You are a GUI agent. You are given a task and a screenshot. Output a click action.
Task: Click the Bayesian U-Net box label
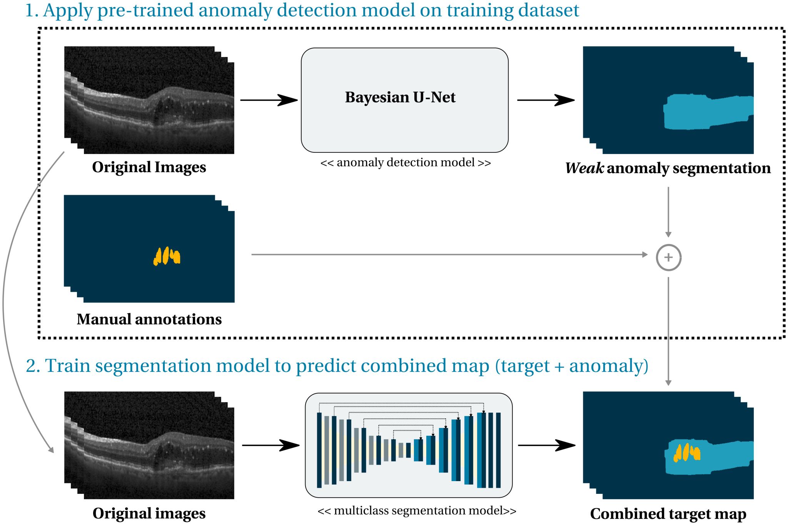click(400, 97)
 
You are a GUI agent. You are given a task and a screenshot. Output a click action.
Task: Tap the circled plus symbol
click(668, 257)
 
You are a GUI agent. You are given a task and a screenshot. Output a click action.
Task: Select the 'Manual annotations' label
click(149, 319)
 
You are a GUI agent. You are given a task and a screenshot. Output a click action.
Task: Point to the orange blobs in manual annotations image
click(167, 256)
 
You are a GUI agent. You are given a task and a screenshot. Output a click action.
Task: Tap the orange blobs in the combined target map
click(686, 453)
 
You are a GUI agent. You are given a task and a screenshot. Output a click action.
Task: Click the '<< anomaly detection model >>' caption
click(406, 163)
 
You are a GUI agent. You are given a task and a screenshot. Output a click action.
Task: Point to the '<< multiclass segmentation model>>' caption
click(417, 511)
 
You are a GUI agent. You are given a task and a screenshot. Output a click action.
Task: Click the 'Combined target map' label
click(668, 514)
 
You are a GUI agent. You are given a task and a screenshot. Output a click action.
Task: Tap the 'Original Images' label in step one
click(149, 167)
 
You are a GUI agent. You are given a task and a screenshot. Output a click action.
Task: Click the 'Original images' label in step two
click(149, 513)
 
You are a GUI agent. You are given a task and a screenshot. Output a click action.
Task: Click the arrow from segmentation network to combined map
click(546, 445)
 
